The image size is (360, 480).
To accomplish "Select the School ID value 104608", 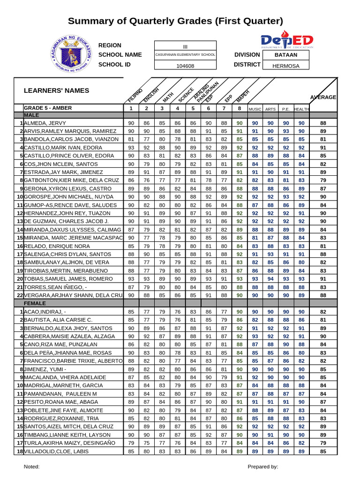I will [x=185, y=66].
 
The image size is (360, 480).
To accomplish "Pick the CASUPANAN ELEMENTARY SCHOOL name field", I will [x=185, y=55].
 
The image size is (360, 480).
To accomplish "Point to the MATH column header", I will [x=168, y=97].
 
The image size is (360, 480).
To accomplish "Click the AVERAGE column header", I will [x=323, y=97].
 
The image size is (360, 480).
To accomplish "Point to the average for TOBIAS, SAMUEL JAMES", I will [x=323, y=278].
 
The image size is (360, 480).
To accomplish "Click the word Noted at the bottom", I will [x=32, y=466].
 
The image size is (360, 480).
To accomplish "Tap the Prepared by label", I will [x=263, y=466].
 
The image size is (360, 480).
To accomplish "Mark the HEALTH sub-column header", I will [x=301, y=109].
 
